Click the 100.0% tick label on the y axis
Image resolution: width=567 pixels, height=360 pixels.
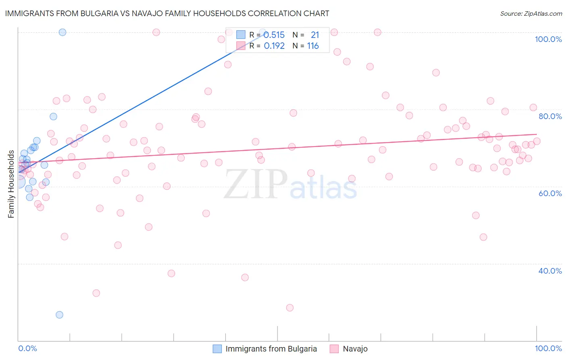pyautogui.click(x=548, y=39)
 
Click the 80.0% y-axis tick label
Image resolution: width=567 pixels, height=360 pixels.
pyautogui.click(x=550, y=116)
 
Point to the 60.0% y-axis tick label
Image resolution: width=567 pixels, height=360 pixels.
pyautogui.click(x=550, y=193)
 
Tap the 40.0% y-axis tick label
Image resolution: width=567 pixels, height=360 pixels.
pyautogui.click(x=550, y=271)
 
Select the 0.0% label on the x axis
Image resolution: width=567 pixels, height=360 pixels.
pyautogui.click(x=27, y=348)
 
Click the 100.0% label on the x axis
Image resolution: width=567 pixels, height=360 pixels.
pyautogui.click(x=548, y=348)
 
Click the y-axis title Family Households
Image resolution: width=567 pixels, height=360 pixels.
pyautogui.click(x=11, y=184)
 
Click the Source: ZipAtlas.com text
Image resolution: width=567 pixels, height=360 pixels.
pyautogui.click(x=531, y=13)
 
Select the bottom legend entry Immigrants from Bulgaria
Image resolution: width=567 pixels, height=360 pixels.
pyautogui.click(x=271, y=349)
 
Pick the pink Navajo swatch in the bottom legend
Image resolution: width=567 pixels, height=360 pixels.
pyautogui.click(x=334, y=349)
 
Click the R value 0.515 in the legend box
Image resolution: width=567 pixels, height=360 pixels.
pyautogui.click(x=274, y=35)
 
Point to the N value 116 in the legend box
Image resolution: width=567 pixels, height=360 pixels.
pyautogui.click(x=313, y=46)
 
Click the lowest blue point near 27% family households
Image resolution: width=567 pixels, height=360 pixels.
pyautogui.click(x=59, y=315)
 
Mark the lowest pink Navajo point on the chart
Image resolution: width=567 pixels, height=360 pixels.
pyautogui.click(x=290, y=308)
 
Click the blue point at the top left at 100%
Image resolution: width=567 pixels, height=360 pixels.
pyautogui.click(x=63, y=32)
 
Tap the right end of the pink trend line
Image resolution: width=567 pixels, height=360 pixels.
pyautogui.click(x=537, y=134)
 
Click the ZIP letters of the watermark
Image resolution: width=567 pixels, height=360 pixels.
pyautogui.click(x=255, y=184)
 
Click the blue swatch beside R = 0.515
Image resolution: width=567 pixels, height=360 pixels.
pyautogui.click(x=241, y=35)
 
